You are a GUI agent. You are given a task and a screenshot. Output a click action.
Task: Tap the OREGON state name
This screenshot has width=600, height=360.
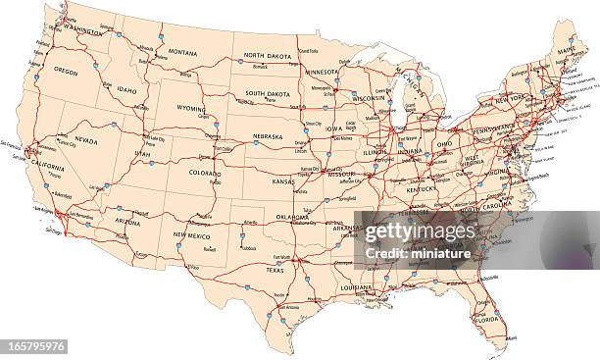pos(66,71)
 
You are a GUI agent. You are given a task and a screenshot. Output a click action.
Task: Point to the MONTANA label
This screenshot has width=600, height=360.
pos(182,52)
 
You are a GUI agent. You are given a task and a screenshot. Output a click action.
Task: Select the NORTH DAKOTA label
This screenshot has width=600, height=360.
pos(269,55)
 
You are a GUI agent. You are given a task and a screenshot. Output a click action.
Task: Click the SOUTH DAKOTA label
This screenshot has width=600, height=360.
pos(268,93)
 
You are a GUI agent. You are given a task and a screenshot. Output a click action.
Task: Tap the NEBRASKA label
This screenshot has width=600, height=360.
pos(268,136)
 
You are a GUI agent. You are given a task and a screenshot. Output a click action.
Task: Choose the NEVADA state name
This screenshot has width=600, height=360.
pos(86,141)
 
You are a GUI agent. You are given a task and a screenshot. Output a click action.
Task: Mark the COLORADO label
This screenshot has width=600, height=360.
pos(206,173)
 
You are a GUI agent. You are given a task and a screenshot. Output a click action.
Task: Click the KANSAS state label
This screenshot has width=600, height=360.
pos(284,182)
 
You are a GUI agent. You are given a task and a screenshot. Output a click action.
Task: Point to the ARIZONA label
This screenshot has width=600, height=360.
pos(127,222)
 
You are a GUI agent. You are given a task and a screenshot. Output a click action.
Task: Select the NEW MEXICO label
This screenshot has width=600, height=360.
pos(192,235)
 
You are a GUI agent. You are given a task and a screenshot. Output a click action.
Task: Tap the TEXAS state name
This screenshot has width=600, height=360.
pos(275,270)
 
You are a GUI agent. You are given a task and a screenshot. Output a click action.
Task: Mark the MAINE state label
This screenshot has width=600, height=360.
pos(566,49)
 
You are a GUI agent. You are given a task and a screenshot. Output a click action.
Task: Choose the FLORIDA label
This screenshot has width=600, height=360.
pos(486,320)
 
